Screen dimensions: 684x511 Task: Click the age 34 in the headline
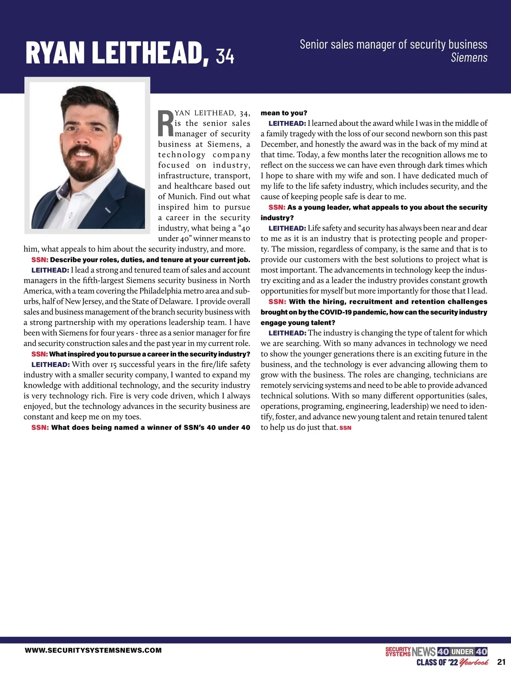point(225,56)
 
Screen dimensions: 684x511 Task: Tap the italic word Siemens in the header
point(469,57)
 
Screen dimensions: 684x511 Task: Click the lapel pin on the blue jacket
point(106,210)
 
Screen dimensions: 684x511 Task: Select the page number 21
point(501,662)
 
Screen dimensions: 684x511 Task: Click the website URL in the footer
point(93,650)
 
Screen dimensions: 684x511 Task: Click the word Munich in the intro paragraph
point(182,197)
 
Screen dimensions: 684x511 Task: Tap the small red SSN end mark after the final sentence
point(345,428)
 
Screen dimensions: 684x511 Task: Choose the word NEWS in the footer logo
point(424,652)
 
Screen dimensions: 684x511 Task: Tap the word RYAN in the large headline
point(55,53)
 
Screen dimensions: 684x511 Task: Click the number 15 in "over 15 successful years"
point(112,365)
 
